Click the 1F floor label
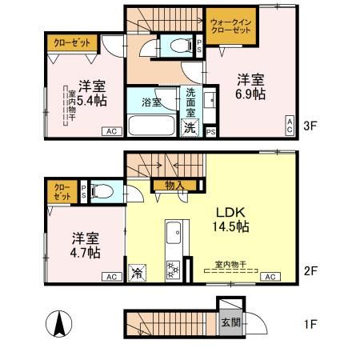point(312,326)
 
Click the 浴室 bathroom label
point(152,103)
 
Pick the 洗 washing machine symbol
point(190,127)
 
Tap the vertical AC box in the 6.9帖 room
point(290,124)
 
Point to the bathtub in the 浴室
point(151,126)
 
